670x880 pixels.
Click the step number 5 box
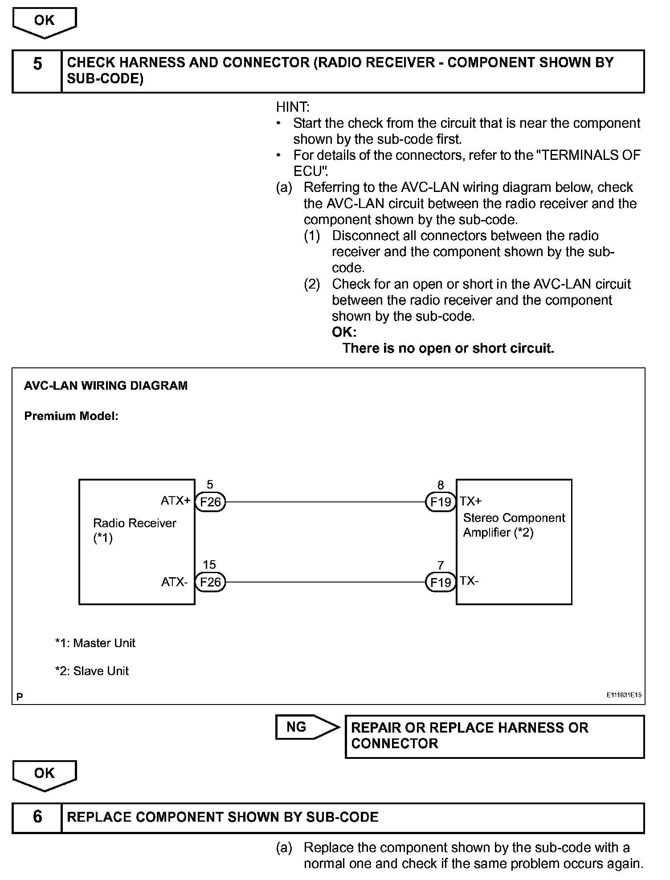click(37, 71)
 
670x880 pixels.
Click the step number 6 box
click(37, 818)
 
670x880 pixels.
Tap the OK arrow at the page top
click(45, 22)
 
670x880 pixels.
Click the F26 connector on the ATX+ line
click(211, 502)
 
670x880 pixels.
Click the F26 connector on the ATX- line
click(211, 583)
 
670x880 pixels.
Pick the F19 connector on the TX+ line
click(441, 502)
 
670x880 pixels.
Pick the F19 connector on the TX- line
click(441, 583)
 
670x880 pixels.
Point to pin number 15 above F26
click(209, 565)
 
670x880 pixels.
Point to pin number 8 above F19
click(441, 485)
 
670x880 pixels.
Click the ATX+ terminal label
click(176, 501)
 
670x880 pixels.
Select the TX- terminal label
click(470, 581)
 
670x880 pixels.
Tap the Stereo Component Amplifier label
click(514, 525)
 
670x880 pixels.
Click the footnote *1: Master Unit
click(95, 643)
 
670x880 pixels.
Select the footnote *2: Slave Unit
click(92, 671)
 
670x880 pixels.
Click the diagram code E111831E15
click(624, 695)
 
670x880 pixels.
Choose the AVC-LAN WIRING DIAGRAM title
click(106, 386)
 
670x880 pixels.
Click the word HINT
click(293, 107)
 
